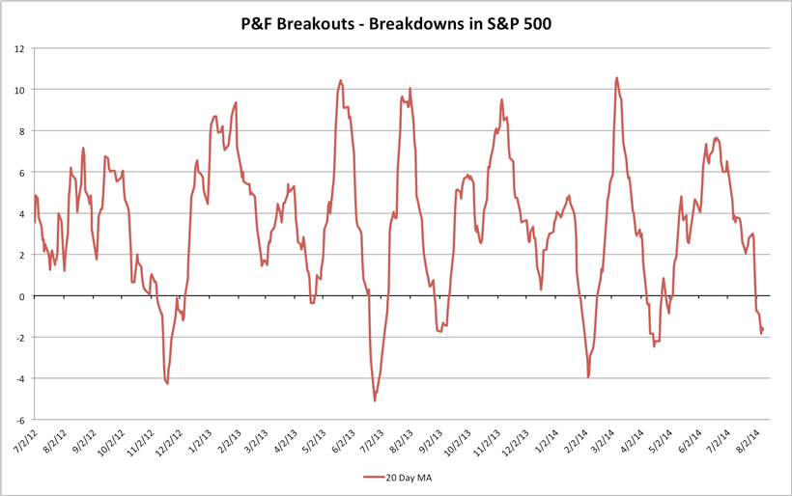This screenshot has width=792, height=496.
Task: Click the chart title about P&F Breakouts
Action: pyautogui.click(x=395, y=22)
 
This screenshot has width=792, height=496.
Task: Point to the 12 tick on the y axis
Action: pyautogui.click(x=20, y=48)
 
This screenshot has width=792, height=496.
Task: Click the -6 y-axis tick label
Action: pyautogui.click(x=19, y=420)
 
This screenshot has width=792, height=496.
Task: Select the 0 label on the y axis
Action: pyautogui.click(x=22, y=296)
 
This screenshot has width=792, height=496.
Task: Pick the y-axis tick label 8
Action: pyautogui.click(x=22, y=130)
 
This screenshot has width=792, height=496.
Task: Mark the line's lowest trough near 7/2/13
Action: pyautogui.click(x=375, y=400)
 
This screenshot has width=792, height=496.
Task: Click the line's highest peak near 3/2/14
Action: pyautogui.click(x=616, y=78)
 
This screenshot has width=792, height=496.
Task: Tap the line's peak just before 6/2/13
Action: pyautogui.click(x=341, y=80)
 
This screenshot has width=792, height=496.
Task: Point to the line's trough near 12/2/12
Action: pyautogui.click(x=167, y=384)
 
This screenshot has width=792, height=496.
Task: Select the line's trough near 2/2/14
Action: pyautogui.click(x=588, y=377)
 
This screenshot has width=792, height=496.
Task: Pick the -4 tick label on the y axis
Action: pyautogui.click(x=19, y=378)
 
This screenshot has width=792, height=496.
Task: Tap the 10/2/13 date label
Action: pyautogui.click(x=456, y=446)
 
